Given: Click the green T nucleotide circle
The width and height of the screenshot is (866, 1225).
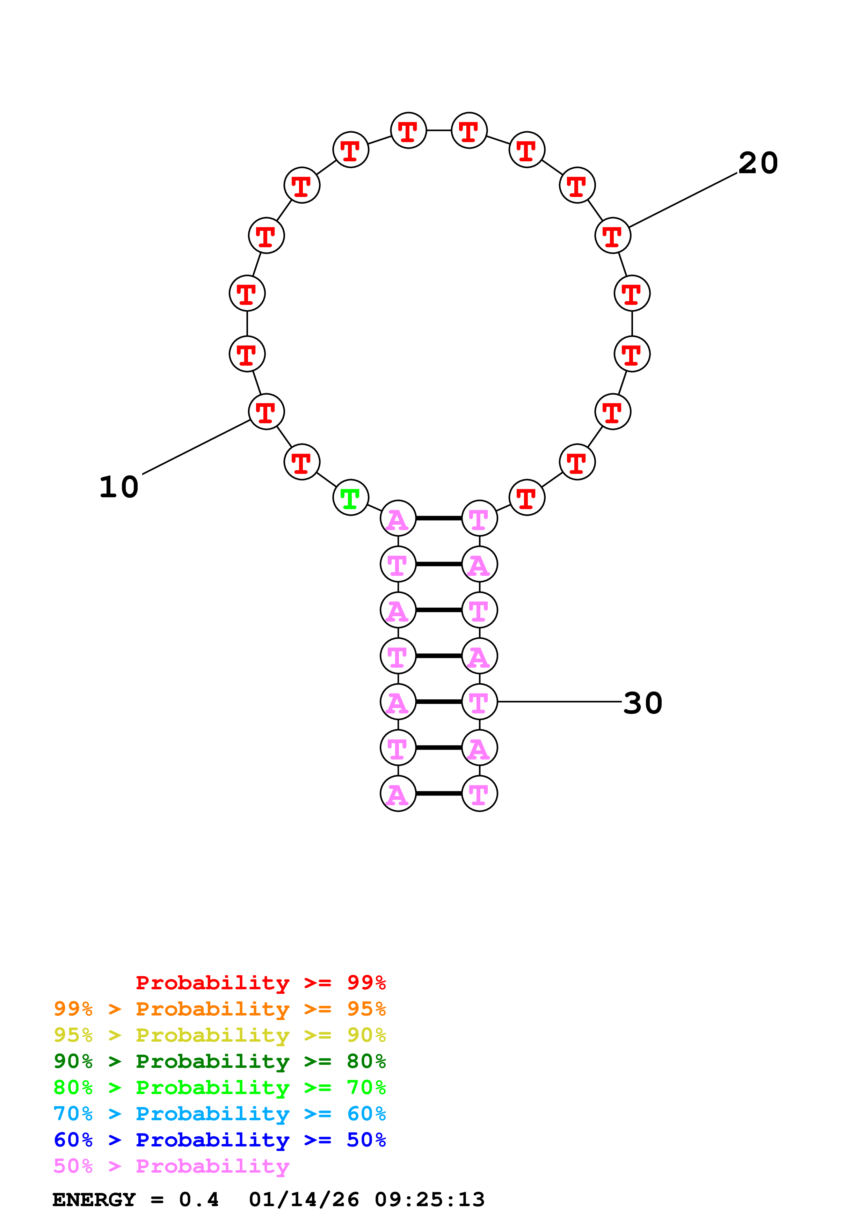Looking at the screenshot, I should pos(351,497).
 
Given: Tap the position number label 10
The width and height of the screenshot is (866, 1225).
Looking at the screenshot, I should pos(118,487).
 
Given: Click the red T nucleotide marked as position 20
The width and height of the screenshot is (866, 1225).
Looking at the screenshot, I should pos(612,235).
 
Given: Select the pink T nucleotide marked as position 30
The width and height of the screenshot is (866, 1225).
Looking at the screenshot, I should pos(479,702).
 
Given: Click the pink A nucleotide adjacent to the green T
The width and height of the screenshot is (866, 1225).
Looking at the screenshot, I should pos(398,518).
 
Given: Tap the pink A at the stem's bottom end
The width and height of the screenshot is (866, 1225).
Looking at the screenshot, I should pos(398,793).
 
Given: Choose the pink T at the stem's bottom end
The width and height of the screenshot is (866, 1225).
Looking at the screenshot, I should pos(479,793).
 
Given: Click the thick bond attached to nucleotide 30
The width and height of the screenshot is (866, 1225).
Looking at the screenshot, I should pos(439,702).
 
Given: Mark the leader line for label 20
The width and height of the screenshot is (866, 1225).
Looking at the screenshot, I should pos(683,199).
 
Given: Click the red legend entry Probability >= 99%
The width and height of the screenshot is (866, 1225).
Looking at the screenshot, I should pos(260,982).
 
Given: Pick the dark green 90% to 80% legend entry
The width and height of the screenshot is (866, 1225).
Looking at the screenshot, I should pos(219,1061).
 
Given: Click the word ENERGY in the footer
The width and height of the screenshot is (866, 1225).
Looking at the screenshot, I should pos(94,1200).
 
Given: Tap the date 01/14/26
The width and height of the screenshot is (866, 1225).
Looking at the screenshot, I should pos(304,1200).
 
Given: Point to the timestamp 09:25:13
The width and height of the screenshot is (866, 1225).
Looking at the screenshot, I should pos(430,1200).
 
